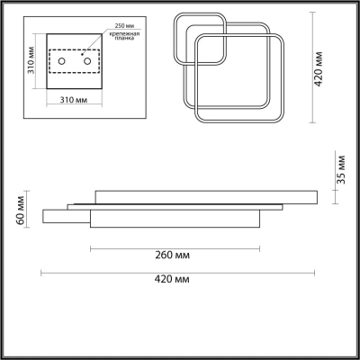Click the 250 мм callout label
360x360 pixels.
pos(124,25)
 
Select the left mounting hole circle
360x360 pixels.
pos(61,61)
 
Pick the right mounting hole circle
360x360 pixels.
pos(87,61)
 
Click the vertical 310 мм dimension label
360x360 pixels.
pos(31,60)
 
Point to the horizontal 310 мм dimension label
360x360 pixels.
pos(74,100)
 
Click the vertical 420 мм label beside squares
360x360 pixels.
pos(319,69)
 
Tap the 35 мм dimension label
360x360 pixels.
pos(341,169)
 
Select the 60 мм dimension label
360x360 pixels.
pos(21,210)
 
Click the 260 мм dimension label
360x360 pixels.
pos(173,256)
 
